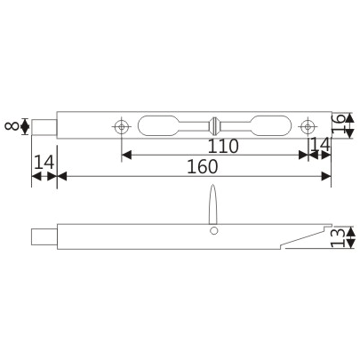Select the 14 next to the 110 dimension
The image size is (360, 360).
(x=318, y=146)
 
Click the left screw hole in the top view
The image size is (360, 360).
(x=121, y=124)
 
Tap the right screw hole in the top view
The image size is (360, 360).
(x=308, y=124)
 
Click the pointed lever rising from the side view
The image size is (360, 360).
(x=213, y=204)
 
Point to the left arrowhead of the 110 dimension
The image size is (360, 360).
(x=125, y=155)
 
